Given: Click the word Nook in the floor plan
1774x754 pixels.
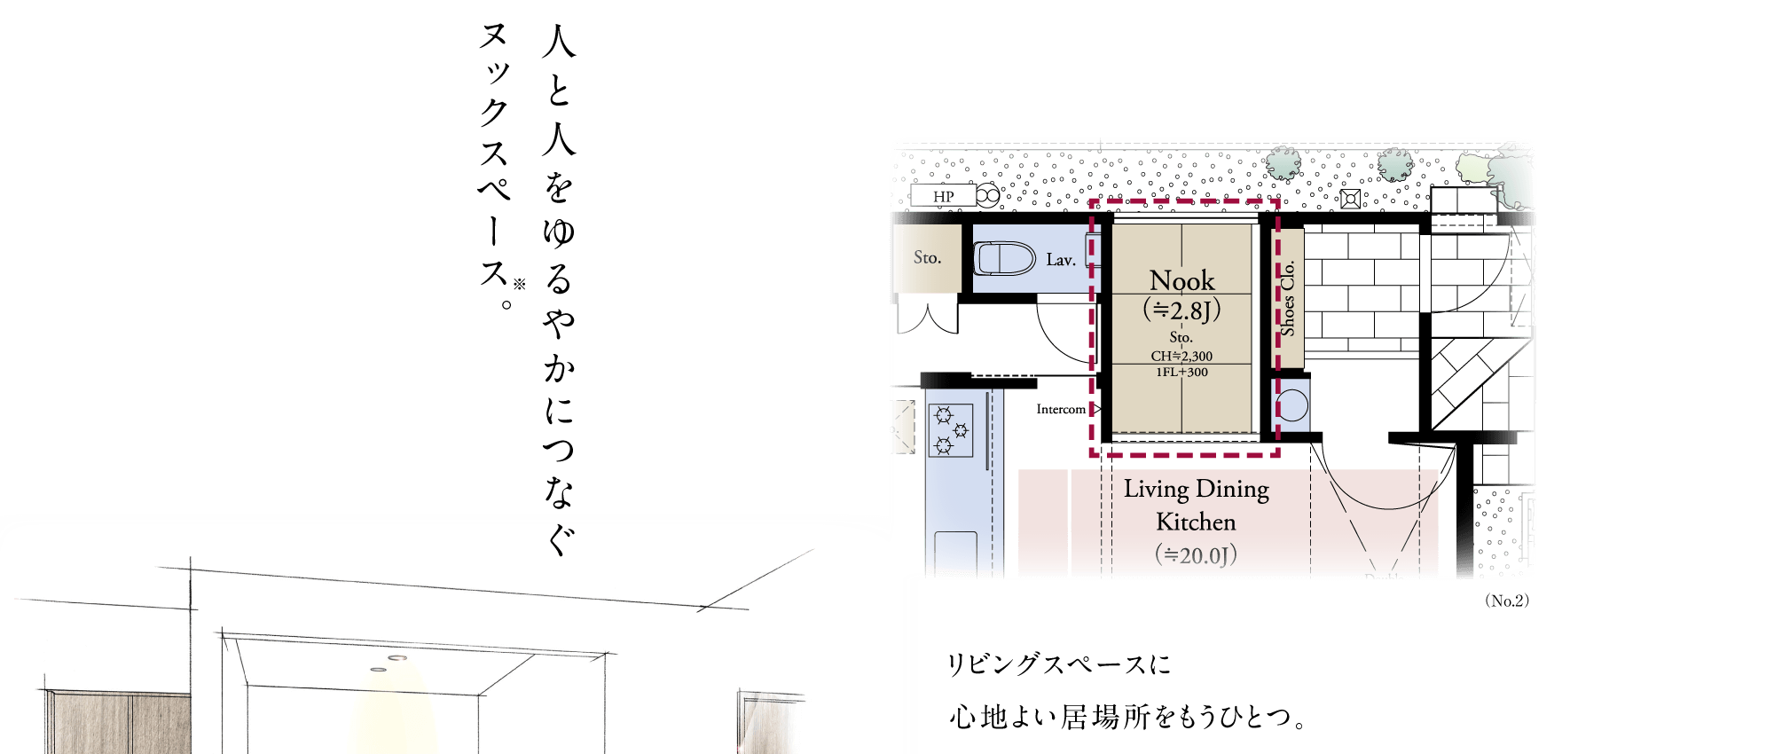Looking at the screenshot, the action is (x=1182, y=280).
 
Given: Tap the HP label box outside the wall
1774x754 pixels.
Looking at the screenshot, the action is (x=944, y=196).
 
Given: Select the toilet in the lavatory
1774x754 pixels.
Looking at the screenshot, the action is (x=1005, y=259).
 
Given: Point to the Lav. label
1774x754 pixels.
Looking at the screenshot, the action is (x=1061, y=260).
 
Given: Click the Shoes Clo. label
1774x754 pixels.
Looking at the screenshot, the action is (x=1288, y=298).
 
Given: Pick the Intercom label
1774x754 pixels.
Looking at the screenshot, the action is (x=1061, y=409).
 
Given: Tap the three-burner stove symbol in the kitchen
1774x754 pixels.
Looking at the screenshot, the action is (x=951, y=430).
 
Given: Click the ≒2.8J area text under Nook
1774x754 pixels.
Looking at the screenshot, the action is (x=1182, y=310).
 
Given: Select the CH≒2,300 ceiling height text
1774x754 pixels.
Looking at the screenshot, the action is (x=1181, y=356).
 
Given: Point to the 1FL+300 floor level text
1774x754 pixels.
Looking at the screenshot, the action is (x=1181, y=372).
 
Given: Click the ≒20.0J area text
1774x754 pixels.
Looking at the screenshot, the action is (x=1196, y=555).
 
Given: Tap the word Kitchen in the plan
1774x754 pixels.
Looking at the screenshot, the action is (x=1196, y=522).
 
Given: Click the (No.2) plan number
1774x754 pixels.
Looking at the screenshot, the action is (x=1507, y=601).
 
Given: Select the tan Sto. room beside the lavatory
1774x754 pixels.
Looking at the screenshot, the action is (x=927, y=258).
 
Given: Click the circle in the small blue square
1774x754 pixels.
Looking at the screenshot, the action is (x=1292, y=406).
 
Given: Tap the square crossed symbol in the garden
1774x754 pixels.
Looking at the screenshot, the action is (x=1350, y=199).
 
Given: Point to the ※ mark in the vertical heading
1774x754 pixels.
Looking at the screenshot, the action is (x=520, y=284).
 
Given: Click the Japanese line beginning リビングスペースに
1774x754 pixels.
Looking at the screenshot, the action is (x=1059, y=664).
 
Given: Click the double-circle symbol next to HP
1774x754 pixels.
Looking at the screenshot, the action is (x=988, y=195).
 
